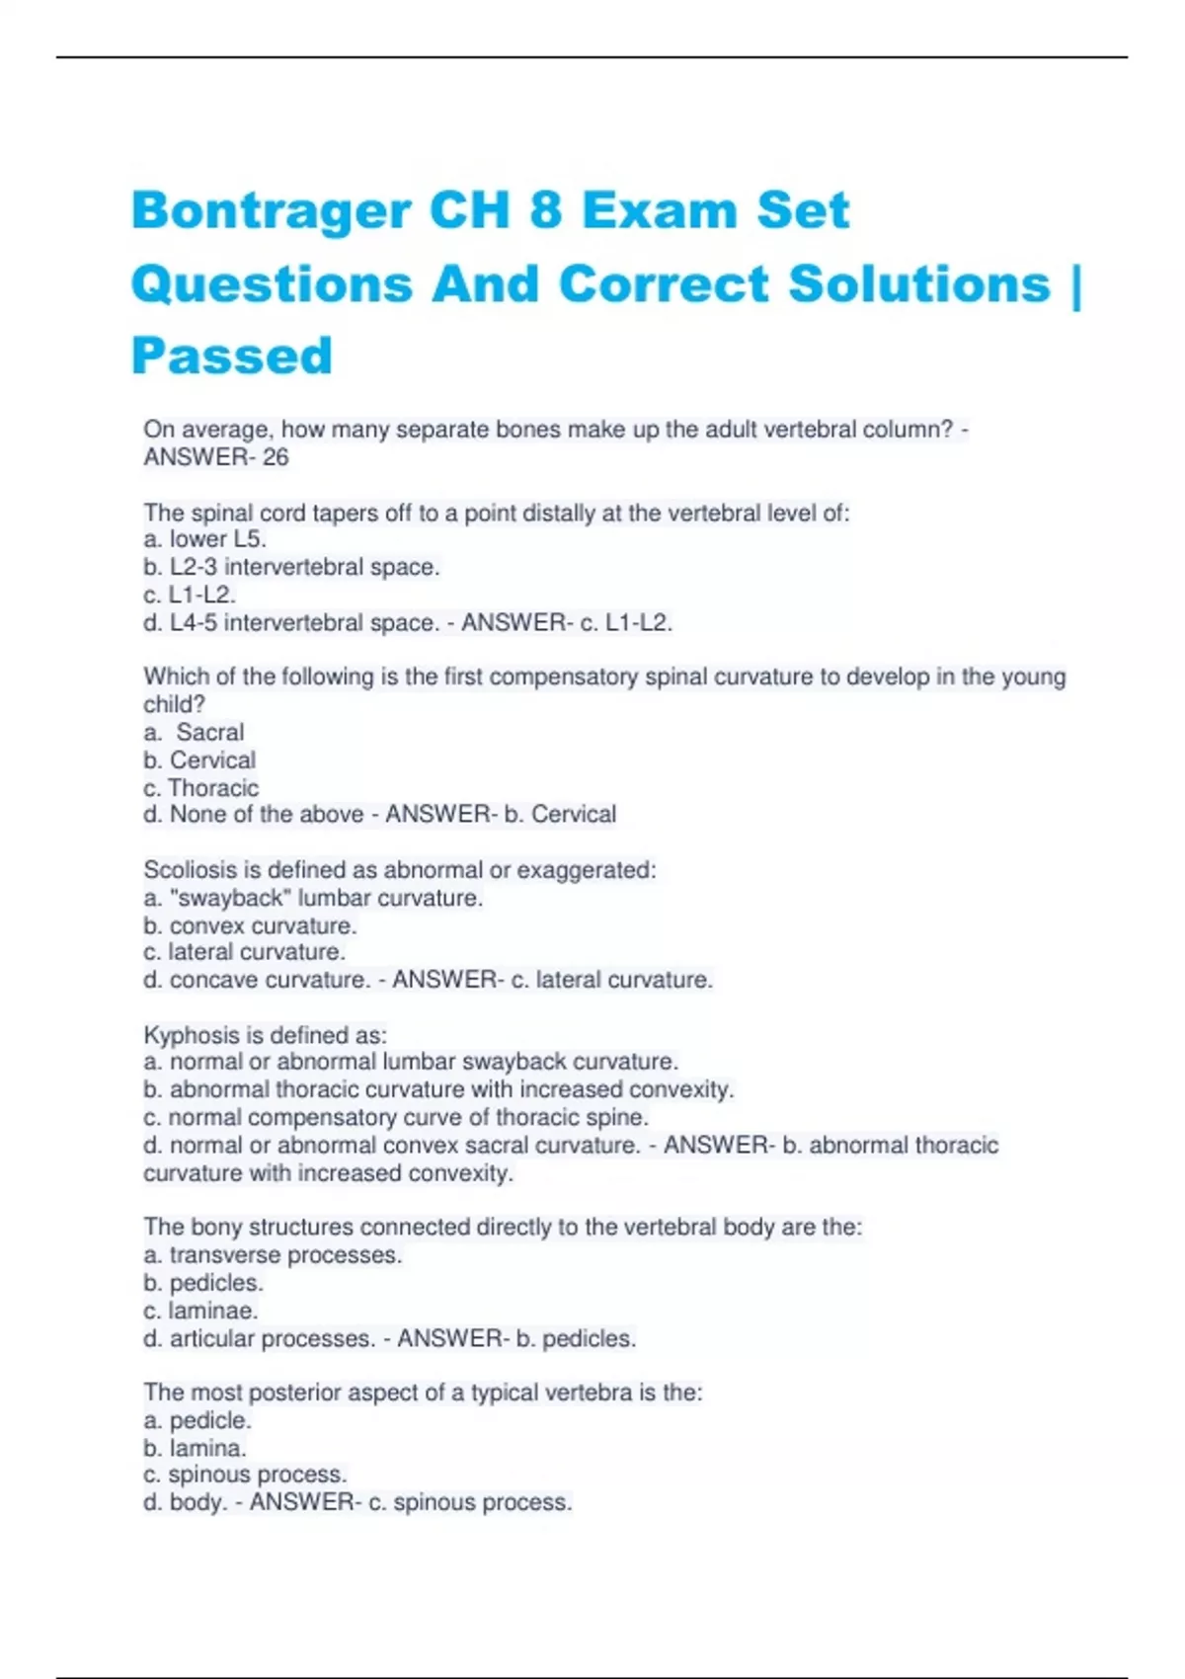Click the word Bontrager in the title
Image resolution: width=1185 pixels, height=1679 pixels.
click(271, 210)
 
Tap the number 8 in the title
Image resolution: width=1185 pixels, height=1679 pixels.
click(546, 210)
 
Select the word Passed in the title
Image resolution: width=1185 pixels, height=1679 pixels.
click(232, 356)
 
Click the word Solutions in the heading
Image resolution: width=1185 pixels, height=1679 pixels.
click(919, 284)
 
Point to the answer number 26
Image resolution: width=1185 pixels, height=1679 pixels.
click(276, 457)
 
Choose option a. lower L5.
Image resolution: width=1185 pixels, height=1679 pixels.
click(205, 539)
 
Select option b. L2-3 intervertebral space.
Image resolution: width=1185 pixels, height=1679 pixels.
click(291, 567)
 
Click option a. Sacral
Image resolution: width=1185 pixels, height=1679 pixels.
click(195, 732)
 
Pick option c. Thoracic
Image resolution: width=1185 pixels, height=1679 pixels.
click(201, 788)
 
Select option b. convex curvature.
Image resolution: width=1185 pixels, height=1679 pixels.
click(250, 925)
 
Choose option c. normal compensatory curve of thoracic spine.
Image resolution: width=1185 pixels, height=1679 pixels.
click(396, 1117)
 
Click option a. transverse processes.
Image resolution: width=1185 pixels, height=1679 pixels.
click(273, 1255)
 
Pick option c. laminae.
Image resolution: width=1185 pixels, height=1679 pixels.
click(200, 1311)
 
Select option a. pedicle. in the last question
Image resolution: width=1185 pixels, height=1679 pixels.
click(197, 1420)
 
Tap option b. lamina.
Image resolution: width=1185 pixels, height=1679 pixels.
click(195, 1448)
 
